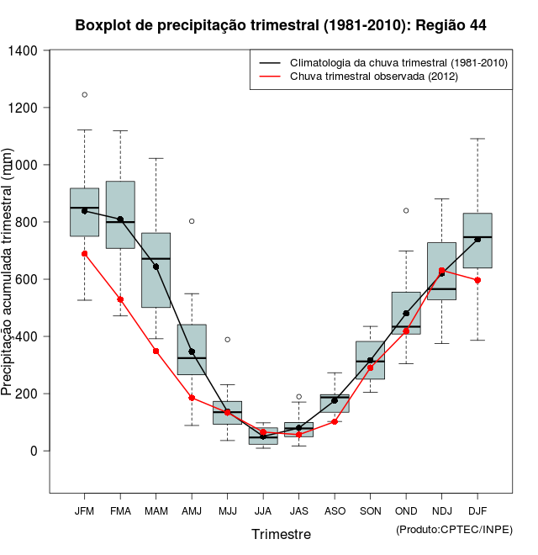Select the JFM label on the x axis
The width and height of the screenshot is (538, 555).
84,511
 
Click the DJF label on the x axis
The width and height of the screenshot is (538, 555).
477,511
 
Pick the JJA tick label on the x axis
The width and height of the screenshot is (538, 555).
263,511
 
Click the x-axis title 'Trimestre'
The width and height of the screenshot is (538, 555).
281,534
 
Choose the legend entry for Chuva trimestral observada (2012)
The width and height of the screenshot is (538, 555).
373,77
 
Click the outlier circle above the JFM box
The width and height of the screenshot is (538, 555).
85,94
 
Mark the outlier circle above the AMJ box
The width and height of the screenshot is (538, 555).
192,221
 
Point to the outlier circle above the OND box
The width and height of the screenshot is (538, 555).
406,210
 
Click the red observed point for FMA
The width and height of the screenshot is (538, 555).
120,299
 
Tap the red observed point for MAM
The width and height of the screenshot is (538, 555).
156,351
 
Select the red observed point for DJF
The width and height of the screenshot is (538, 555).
477,280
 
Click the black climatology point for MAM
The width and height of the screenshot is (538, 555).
156,267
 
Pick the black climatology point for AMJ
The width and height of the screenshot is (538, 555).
192,351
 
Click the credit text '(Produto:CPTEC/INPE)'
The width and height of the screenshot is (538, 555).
454,529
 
